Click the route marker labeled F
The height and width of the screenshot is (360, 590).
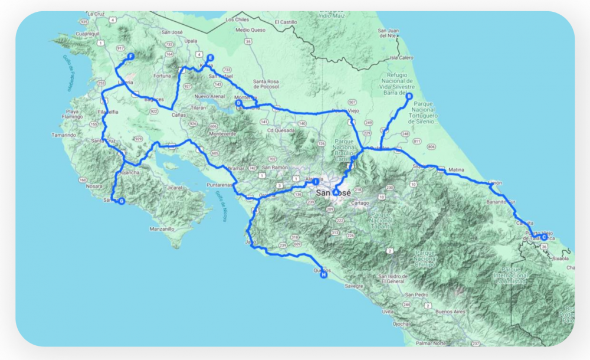tap(131, 57)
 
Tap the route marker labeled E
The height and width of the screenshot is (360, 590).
tap(209, 58)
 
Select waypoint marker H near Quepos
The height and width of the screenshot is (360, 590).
tap(323, 275)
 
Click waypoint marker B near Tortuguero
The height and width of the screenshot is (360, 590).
tap(409, 96)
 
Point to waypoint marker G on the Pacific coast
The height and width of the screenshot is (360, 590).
tap(122, 201)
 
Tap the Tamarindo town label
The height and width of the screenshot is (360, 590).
tap(64, 135)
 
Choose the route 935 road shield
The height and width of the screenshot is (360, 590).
tap(84, 22)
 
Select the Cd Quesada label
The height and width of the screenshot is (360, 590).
tap(279, 130)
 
